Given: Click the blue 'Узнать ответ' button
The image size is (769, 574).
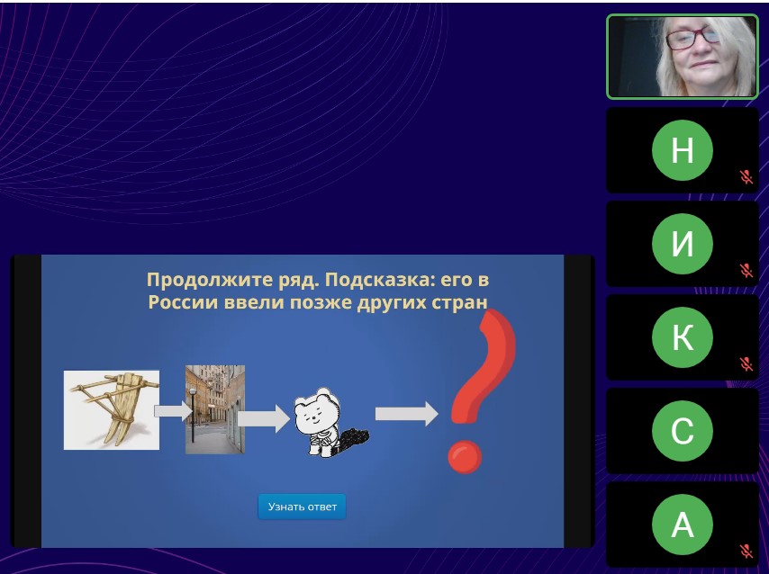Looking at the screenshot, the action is point(303,507).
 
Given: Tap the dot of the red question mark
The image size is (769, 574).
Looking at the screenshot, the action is point(465,456).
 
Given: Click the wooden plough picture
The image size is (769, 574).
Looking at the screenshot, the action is point(112,409).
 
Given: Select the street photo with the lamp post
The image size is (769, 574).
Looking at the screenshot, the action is point(215,409).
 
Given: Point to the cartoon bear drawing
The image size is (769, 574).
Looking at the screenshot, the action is point(330,423).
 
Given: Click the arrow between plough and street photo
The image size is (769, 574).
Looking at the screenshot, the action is point(173,411).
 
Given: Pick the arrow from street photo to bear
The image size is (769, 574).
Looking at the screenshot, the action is point(264,418).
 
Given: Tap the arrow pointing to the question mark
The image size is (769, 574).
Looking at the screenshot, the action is point(407,414).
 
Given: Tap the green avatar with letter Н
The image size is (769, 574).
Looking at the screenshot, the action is point(683,150).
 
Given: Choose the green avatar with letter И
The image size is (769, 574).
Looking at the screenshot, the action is point(683,244).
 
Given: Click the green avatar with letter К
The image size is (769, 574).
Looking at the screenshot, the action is point(683,337).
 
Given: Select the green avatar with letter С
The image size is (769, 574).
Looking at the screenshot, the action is point(683,431).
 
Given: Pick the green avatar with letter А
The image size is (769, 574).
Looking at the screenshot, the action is point(683,525).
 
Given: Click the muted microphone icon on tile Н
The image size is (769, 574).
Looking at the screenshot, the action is point(746,176).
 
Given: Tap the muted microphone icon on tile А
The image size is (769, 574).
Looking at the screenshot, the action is point(746,551).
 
